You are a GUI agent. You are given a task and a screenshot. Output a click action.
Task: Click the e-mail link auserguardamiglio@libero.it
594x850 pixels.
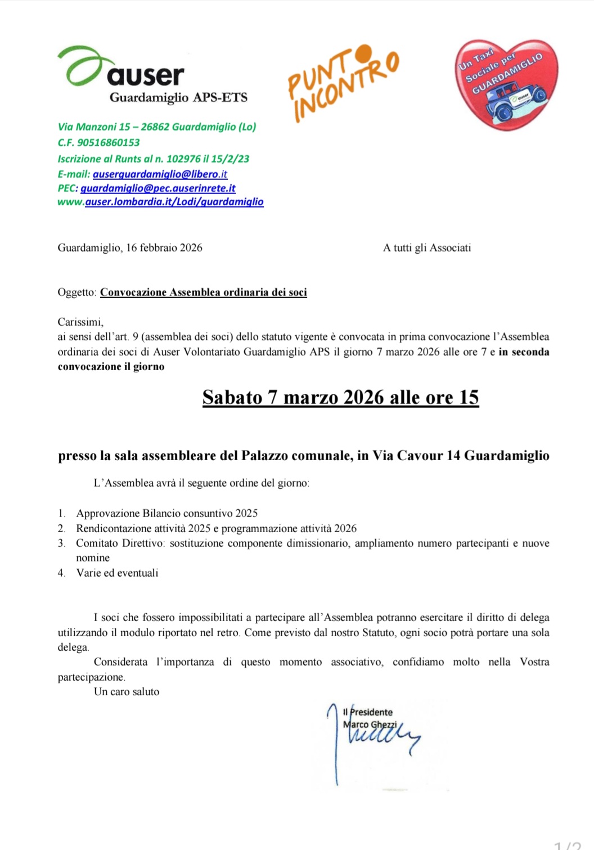point(160,174)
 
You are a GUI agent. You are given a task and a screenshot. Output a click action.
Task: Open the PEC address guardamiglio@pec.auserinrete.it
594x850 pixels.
point(157,188)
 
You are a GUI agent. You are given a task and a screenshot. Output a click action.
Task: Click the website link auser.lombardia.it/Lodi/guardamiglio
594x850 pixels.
point(174,201)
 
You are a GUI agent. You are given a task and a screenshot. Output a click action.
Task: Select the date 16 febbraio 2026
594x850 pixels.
point(164,248)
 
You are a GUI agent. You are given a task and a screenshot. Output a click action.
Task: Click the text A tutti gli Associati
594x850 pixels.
point(427,248)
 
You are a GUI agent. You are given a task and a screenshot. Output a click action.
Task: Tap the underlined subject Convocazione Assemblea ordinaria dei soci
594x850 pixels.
point(203,293)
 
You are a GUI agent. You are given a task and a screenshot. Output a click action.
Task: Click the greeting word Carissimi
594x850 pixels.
point(80,322)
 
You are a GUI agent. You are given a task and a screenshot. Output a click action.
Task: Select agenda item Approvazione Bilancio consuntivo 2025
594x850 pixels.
point(167,513)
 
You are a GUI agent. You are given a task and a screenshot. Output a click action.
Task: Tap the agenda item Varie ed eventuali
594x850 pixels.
point(117,573)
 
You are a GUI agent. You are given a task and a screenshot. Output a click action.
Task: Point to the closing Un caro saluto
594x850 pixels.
point(127,691)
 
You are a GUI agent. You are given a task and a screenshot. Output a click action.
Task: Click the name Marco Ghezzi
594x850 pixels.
point(370,725)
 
